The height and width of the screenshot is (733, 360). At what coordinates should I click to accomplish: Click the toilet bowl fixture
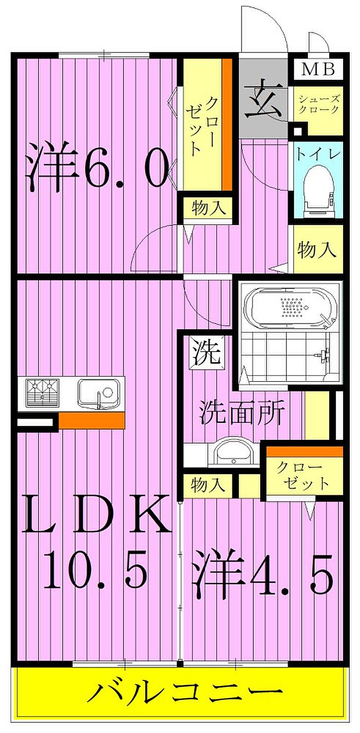coord(317,188)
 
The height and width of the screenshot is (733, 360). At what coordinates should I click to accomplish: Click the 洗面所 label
coord(242,413)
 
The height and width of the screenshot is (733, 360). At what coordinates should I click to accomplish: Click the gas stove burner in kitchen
coord(43,393)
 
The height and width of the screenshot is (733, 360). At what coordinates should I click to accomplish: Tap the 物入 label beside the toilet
coord(317,251)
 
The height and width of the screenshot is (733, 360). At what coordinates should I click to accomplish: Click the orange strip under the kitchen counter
coord(92,420)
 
